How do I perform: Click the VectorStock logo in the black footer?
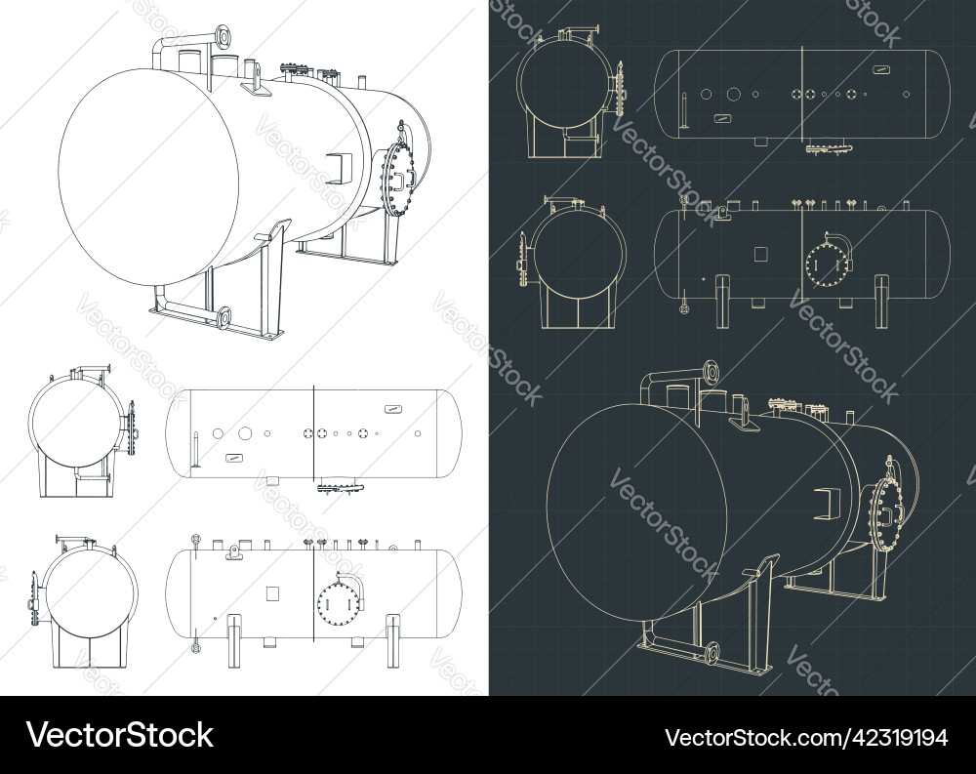(120, 735)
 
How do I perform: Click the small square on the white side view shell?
(272, 592)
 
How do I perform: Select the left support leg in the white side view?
(234, 638)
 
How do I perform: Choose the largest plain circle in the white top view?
(245, 432)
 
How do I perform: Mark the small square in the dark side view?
(761, 253)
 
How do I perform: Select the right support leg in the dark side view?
(884, 299)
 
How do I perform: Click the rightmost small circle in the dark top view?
(909, 94)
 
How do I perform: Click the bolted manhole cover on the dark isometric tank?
(883, 512)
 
